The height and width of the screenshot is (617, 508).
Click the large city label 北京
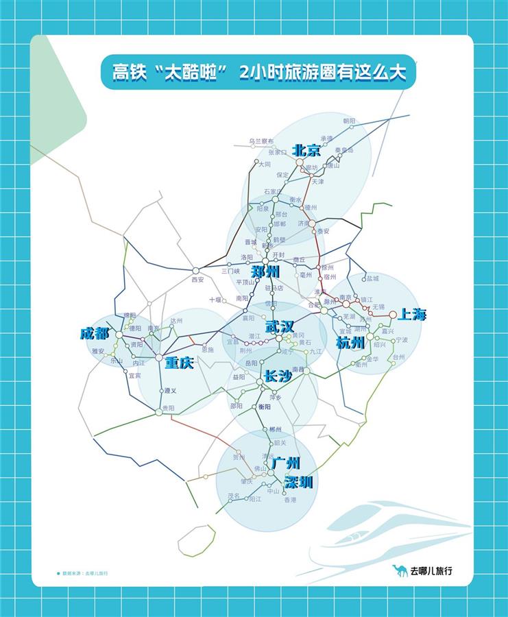click(306, 150)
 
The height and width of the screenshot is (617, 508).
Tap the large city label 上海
click(412, 315)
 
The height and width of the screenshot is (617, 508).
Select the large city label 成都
click(95, 334)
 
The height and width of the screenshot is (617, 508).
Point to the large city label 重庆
click(179, 363)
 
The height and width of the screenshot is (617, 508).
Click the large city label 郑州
click(265, 271)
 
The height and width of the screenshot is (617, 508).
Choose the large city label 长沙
click(278, 376)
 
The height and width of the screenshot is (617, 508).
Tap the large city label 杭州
click(350, 343)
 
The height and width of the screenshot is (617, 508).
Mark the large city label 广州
click(286, 463)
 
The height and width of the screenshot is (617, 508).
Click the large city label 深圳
click(298, 483)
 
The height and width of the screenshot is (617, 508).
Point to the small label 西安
click(197, 280)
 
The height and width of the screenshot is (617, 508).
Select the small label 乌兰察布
click(261, 141)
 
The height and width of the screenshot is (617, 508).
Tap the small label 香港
click(290, 500)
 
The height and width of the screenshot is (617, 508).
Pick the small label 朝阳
click(350, 121)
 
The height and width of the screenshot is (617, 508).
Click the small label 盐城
click(372, 278)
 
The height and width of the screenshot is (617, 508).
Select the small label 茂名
click(234, 495)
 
